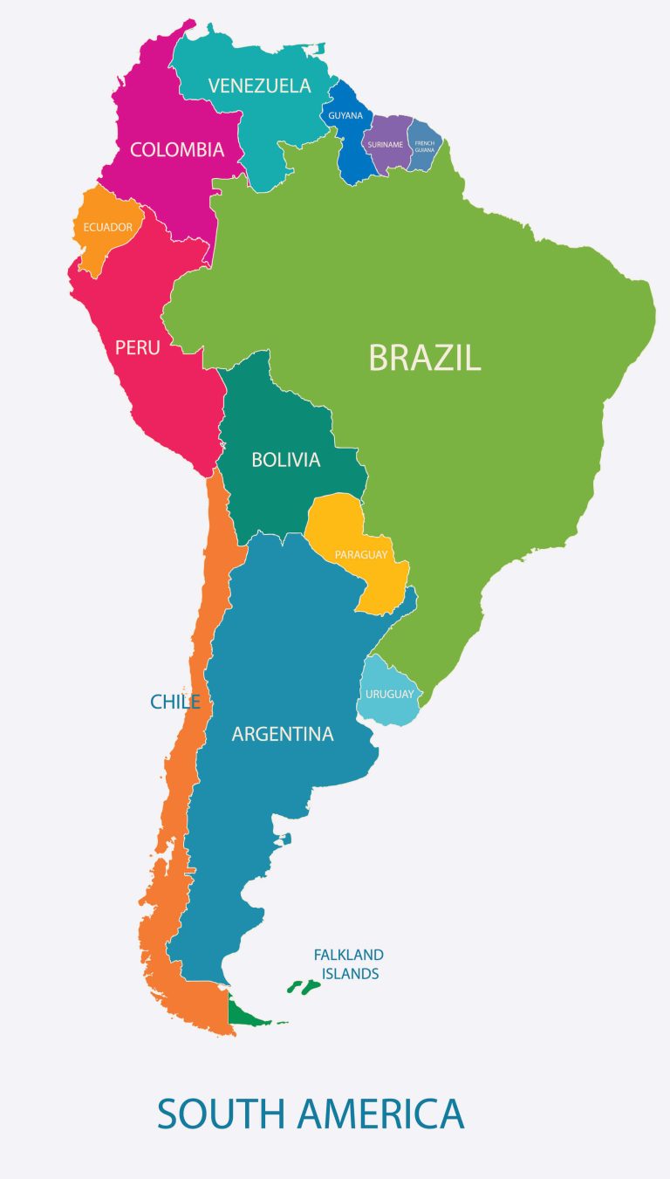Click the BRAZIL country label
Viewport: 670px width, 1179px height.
point(424,358)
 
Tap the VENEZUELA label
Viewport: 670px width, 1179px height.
point(259,86)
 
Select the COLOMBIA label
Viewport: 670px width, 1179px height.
point(177,149)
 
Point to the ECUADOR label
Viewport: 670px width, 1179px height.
point(108,228)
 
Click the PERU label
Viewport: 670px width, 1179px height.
point(138,347)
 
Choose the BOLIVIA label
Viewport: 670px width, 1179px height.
point(286,459)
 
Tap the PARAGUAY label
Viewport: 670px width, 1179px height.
point(360,554)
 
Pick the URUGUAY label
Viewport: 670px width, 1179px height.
point(389,694)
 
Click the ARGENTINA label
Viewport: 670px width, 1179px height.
point(283,734)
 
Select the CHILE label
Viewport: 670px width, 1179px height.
point(175,702)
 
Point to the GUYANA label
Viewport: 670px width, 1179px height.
point(345,115)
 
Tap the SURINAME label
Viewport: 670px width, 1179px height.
point(386,144)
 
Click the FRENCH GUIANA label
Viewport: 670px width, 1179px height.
point(425,146)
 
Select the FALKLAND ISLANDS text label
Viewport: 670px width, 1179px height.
point(349,964)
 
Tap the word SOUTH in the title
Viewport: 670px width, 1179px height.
point(222,1114)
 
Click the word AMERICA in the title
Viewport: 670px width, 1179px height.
point(380,1114)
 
